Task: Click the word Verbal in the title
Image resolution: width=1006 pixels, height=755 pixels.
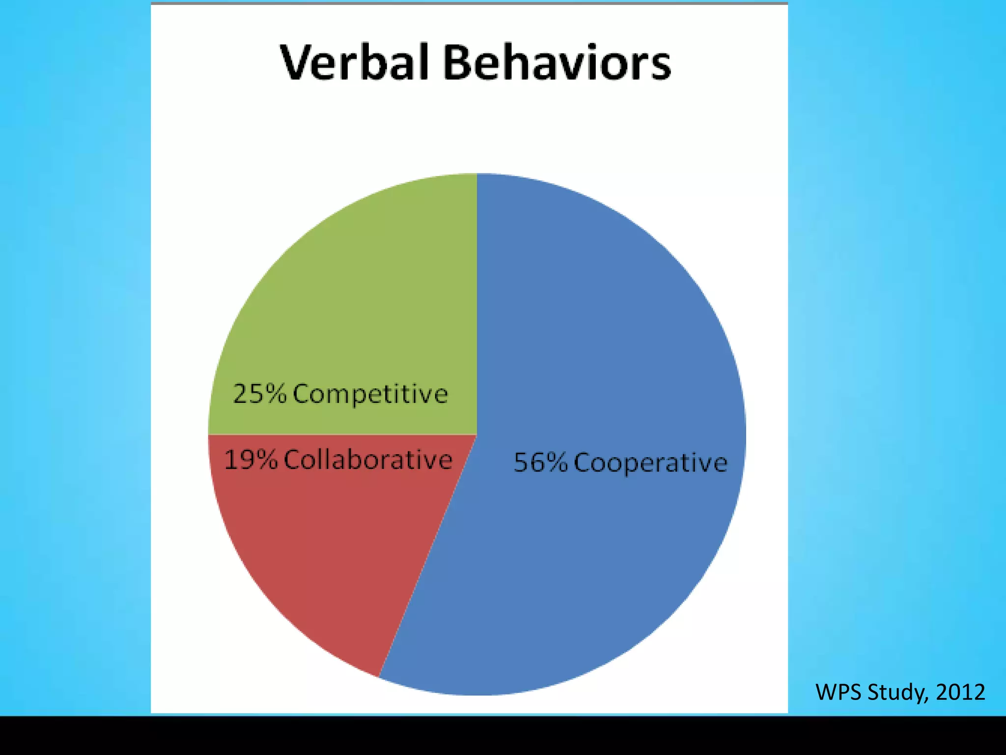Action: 355,63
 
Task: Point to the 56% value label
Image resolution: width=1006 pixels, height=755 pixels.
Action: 540,463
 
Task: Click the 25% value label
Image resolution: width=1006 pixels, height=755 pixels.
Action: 259,394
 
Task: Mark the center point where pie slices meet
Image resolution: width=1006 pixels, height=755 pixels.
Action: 476,435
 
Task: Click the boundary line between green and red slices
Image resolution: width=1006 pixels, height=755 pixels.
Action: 344,435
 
